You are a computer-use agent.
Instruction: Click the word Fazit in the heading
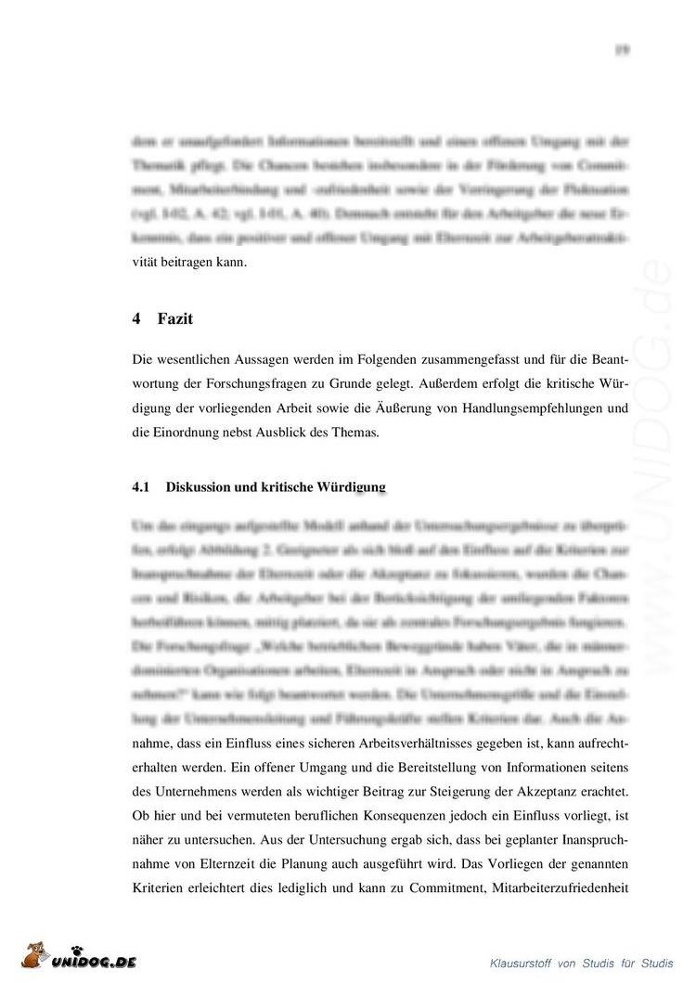tap(174, 319)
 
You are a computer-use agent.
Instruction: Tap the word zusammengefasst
tap(402, 359)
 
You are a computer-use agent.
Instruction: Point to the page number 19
tap(623, 50)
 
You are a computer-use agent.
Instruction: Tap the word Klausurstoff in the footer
tap(522, 963)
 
